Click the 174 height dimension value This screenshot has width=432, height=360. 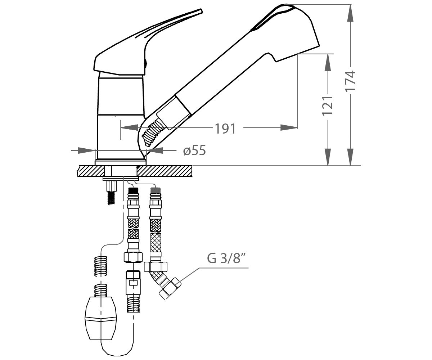click(x=351, y=81)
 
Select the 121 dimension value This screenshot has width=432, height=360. click(x=328, y=106)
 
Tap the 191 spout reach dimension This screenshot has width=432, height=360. click(x=225, y=129)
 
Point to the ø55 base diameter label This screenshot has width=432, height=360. click(x=194, y=150)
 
